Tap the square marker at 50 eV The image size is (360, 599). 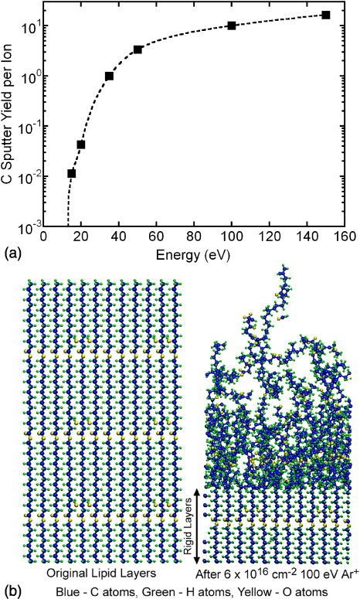click(138, 49)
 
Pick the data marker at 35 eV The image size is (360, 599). click(110, 76)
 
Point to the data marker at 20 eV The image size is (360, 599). click(81, 145)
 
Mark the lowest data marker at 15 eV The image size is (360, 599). click(72, 174)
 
